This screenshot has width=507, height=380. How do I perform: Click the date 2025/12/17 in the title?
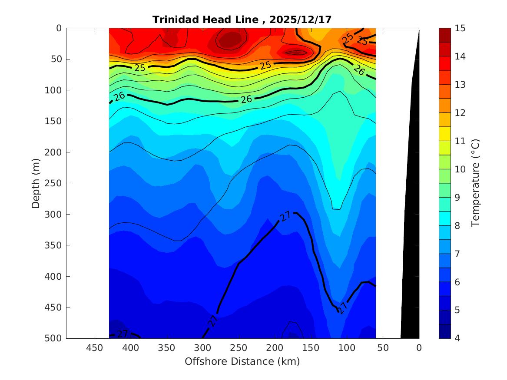click(301, 20)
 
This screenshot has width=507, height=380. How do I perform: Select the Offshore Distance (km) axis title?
click(242, 361)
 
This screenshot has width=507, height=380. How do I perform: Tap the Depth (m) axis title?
click(36, 183)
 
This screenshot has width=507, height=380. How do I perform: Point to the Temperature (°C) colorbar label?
click(475, 183)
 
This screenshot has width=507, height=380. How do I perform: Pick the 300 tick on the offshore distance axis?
click(202, 348)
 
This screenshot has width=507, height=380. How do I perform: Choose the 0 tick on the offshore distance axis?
click(419, 348)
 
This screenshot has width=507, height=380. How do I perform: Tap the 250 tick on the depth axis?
click(55, 183)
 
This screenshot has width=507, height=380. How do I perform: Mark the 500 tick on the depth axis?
click(55, 338)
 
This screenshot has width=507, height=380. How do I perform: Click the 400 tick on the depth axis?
click(55, 276)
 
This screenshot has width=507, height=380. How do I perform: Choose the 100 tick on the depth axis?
click(55, 90)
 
